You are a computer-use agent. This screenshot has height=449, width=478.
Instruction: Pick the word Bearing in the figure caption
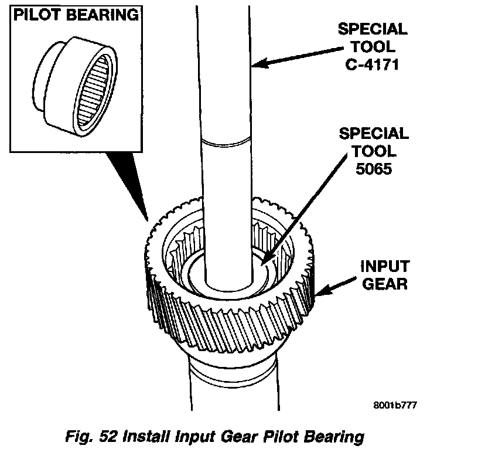pyautogui.click(x=334, y=437)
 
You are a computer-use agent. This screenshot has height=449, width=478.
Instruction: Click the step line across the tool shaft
pyautogui.click(x=226, y=140)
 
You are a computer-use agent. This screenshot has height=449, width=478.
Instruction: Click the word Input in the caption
pyautogui.click(x=200, y=437)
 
